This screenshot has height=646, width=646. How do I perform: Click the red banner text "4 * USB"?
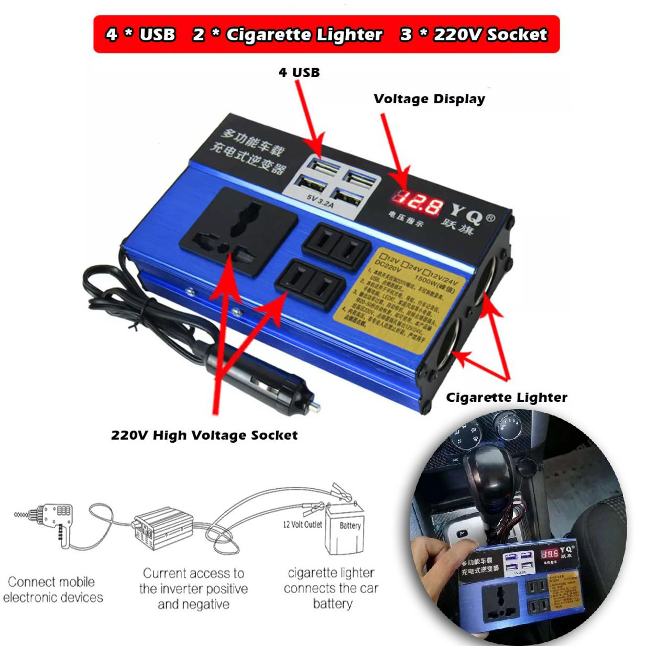140,35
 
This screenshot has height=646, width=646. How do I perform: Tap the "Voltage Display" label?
429,99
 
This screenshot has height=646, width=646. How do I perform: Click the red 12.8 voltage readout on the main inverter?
418,202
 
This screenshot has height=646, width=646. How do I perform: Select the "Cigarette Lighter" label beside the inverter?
506,398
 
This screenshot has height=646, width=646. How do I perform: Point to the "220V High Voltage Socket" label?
204,435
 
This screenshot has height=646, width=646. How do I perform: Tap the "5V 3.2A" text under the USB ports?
320,202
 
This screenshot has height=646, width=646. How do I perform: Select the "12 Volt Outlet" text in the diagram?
302,524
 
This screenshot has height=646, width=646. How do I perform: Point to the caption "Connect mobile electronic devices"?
52,589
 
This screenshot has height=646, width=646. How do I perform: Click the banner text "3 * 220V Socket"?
474,35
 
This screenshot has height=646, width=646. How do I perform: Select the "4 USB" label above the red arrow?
299,72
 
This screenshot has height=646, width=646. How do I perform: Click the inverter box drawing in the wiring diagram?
162,526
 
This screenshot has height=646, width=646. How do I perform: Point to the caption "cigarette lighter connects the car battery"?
331,588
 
